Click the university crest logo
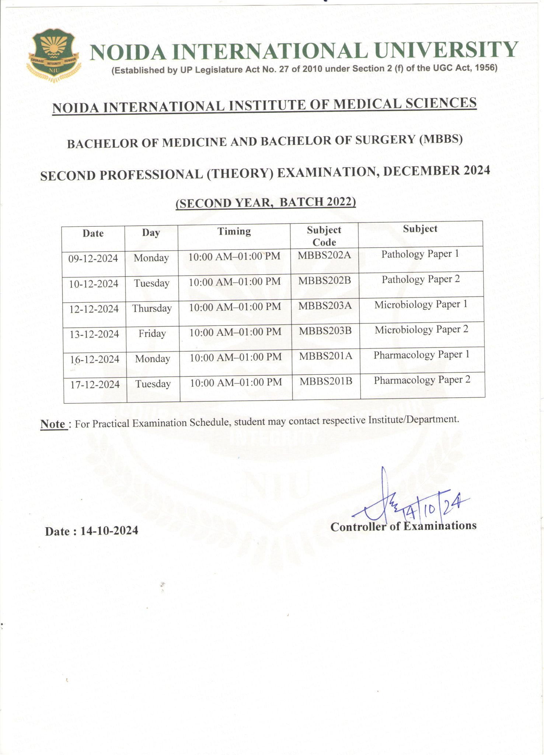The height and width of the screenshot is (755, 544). tap(54, 56)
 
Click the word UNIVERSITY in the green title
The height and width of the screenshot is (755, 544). tap(447, 51)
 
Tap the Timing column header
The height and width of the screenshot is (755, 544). tap(234, 232)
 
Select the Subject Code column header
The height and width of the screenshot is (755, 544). tap(324, 236)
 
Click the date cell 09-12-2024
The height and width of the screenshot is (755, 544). tap(93, 258)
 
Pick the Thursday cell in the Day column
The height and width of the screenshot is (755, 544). tap(152, 308)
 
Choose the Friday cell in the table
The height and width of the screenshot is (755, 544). tap(152, 334)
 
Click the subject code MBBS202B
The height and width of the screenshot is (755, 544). tap(325, 281)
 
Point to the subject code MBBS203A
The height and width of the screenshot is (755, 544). tap(325, 306)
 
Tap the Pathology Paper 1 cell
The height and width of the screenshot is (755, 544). tap(420, 254)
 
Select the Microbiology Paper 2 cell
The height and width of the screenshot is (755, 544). tap(421, 330)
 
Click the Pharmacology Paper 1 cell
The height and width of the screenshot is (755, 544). tap(422, 355)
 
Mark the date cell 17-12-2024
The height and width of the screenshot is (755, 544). tap(95, 385)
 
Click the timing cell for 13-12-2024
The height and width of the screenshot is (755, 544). tap(235, 332)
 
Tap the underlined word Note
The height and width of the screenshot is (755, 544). tap(53, 424)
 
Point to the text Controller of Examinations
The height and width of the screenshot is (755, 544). tap(403, 526)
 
